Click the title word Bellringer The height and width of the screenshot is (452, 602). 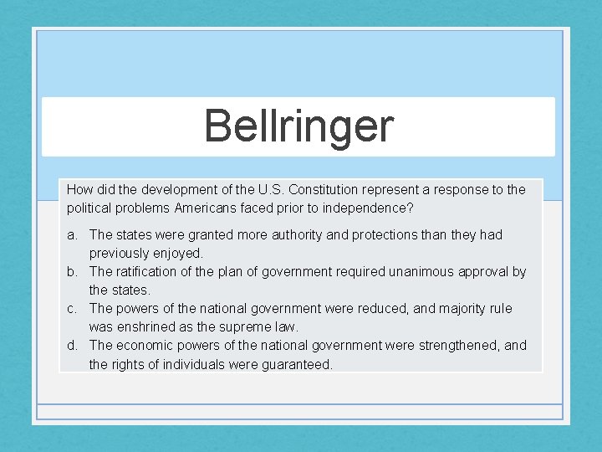tap(298, 126)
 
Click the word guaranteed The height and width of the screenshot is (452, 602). tap(297, 364)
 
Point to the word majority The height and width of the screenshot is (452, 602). tap(460, 308)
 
